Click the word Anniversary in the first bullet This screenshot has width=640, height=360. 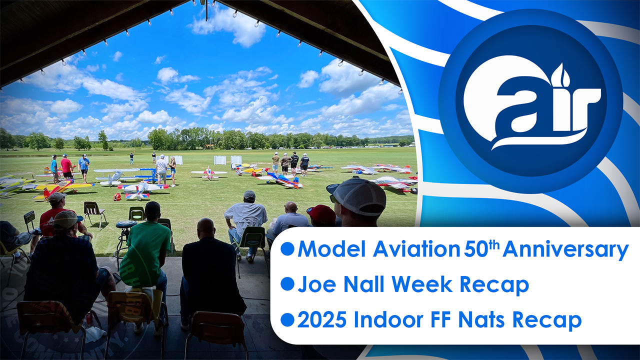(x=565, y=249)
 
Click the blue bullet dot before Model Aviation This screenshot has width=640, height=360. (x=287, y=249)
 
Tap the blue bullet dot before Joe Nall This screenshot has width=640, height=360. (x=287, y=284)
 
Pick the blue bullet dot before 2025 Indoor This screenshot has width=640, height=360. (x=287, y=320)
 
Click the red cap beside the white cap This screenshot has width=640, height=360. (x=321, y=214)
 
